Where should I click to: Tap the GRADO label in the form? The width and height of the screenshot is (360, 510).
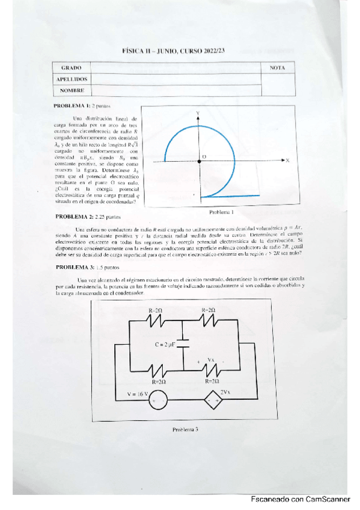tap(72, 68)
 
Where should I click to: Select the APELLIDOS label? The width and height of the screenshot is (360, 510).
tap(72, 79)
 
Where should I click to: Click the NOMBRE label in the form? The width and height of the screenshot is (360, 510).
tap(72, 91)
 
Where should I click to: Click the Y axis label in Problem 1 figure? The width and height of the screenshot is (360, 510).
tap(198, 113)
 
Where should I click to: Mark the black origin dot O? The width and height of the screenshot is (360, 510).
tap(198, 161)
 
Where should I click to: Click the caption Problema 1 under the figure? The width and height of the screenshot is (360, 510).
tap(221, 212)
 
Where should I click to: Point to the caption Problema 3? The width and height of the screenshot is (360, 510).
tap(185, 429)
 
